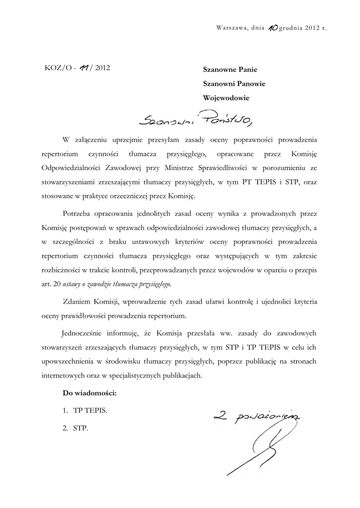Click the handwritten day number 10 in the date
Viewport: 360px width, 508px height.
[x=272, y=28]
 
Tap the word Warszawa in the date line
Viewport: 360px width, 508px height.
[x=232, y=28]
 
